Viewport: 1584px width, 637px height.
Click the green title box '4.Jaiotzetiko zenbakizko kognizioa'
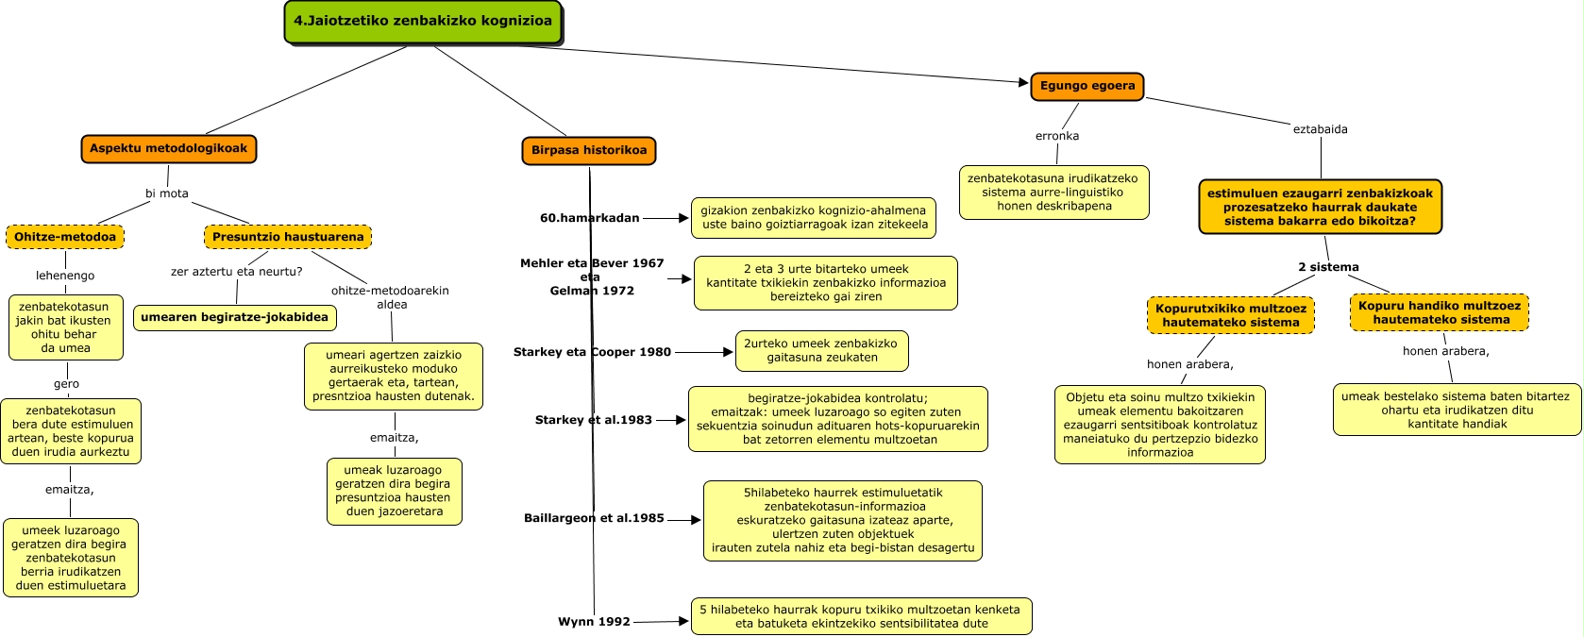pos(423,21)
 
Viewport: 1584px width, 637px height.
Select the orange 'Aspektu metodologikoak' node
pos(168,148)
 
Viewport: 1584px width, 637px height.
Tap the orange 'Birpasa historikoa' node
pos(589,151)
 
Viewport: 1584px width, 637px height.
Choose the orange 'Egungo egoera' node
pos(1087,86)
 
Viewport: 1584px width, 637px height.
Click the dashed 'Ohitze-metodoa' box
pos(65,237)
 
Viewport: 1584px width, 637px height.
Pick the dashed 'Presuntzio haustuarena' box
pos(288,237)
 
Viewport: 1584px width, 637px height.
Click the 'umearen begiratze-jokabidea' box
pos(235,317)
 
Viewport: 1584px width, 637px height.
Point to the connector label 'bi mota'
pos(167,193)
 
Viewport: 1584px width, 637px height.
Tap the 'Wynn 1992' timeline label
pos(594,622)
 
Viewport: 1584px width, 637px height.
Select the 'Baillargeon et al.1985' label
pos(594,518)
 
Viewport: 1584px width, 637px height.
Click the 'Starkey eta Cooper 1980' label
pos(592,352)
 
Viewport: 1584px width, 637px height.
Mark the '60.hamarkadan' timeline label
pos(590,218)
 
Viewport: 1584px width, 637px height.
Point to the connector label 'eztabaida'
pos(1321,129)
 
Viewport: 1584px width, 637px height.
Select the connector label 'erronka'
pos(1057,136)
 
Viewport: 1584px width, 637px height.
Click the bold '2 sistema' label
pos(1329,267)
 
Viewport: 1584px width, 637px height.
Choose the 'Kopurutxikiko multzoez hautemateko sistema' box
pos(1230,315)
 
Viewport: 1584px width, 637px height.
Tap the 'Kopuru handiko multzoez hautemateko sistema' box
pos(1440,312)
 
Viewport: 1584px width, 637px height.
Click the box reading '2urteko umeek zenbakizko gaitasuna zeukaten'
pos(821,351)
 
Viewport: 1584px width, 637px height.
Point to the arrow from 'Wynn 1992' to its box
pos(661,622)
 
